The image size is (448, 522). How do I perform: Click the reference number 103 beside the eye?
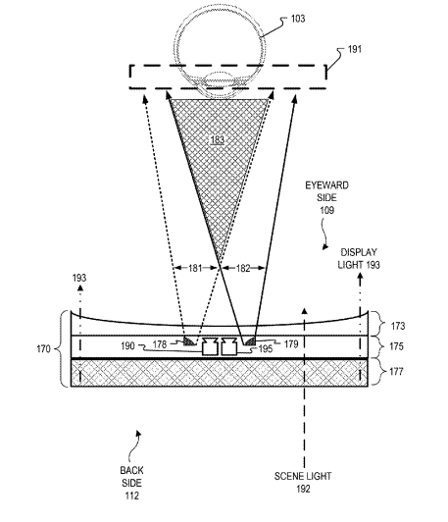(298, 19)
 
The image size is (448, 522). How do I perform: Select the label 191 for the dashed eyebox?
(355, 49)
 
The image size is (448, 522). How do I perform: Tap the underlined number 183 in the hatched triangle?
(218, 139)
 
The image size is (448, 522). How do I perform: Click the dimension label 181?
(195, 268)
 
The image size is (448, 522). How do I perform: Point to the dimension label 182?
(243, 268)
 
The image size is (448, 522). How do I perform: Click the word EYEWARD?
(327, 185)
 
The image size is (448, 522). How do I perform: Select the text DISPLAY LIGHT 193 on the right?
(359, 258)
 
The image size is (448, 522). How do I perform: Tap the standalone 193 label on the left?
(79, 278)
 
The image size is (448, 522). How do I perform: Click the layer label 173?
(398, 326)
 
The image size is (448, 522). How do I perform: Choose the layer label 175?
(396, 346)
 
